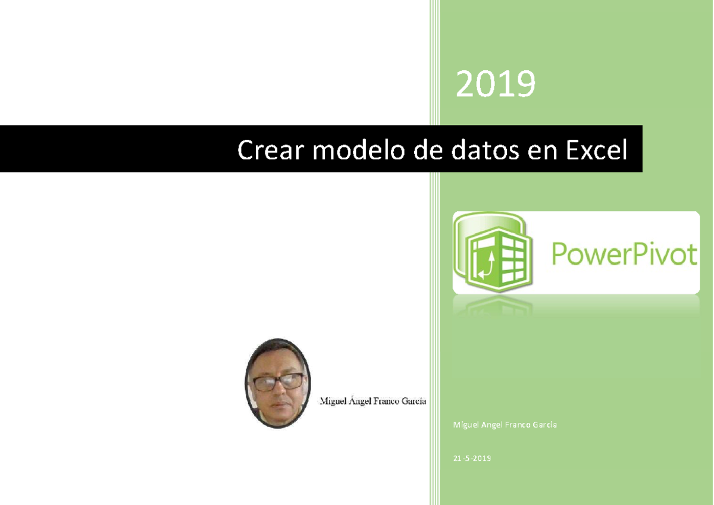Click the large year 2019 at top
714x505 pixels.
496,84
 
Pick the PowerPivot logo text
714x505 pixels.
623,255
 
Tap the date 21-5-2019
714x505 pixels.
472,458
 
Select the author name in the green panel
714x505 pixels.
505,425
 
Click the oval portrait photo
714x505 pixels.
277,384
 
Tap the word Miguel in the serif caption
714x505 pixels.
333,402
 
